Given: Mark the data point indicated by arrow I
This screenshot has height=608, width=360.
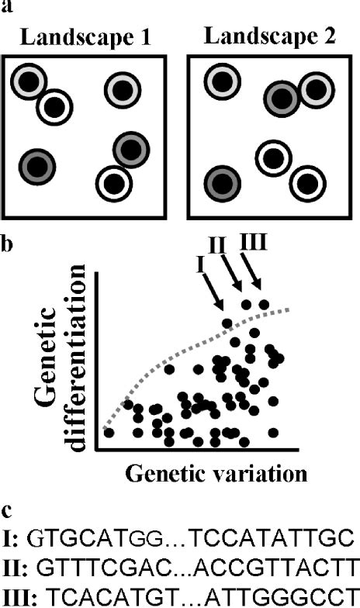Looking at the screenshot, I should point(227,323).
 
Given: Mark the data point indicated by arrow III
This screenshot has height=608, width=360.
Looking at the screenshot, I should point(265,304).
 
